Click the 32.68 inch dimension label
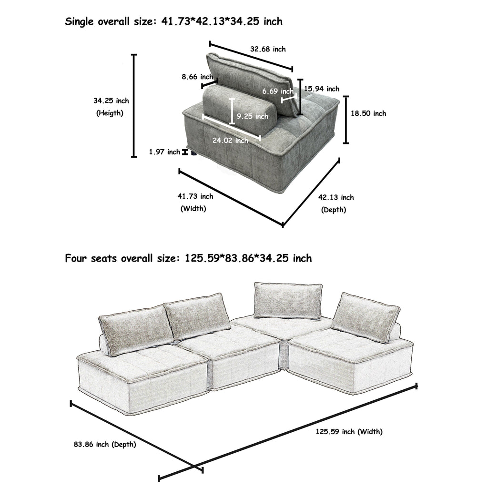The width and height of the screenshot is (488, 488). (x=268, y=49)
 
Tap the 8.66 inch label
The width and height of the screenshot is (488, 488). (x=197, y=77)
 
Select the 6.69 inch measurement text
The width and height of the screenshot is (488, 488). (x=278, y=91)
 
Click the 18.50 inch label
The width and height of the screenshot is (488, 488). (x=368, y=113)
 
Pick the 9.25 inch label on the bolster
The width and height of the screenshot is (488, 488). (x=252, y=116)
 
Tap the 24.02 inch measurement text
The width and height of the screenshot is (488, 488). (x=230, y=140)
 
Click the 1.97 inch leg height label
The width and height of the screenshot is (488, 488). (x=164, y=152)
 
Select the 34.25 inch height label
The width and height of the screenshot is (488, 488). (x=111, y=101)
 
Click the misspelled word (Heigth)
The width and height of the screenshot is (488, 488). (x=110, y=113)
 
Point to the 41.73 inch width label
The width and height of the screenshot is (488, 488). (x=195, y=196)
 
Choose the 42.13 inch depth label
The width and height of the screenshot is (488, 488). (x=336, y=197)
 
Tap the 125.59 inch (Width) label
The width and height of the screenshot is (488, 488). (x=349, y=432)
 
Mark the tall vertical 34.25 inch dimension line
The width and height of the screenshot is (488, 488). (x=134, y=106)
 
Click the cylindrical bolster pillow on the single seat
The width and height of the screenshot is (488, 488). (x=238, y=110)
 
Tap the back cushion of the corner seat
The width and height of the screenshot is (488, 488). (x=287, y=300)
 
